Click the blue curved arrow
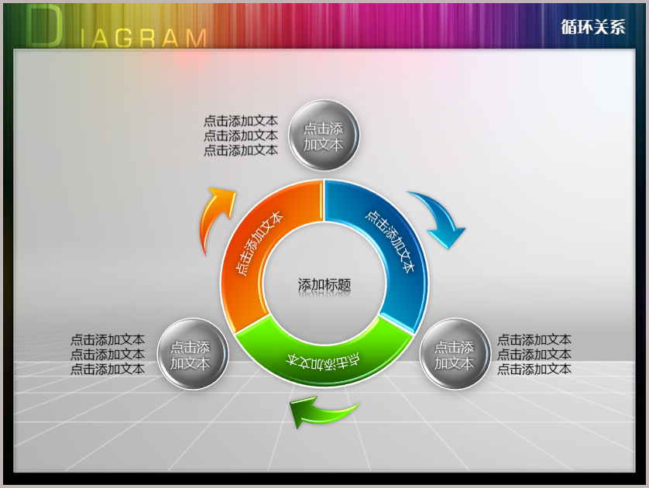pyautogui.click(x=440, y=216)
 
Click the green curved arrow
pyautogui.click(x=323, y=412)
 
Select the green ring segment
pyautogui.click(x=324, y=361)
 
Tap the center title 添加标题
pyautogui.click(x=324, y=285)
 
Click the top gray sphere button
pyautogui.click(x=324, y=136)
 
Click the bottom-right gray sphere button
pyautogui.click(x=455, y=354)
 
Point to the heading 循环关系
pyautogui.click(x=593, y=27)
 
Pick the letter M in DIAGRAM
pyautogui.click(x=196, y=39)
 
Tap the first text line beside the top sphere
pyautogui.click(x=241, y=121)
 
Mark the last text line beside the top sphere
pyautogui.click(x=241, y=149)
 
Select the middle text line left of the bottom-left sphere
pyautogui.click(x=108, y=354)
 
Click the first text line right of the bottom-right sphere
pyautogui.click(x=534, y=340)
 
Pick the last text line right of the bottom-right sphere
pyautogui.click(x=534, y=369)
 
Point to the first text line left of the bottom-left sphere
pyautogui.click(x=108, y=340)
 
